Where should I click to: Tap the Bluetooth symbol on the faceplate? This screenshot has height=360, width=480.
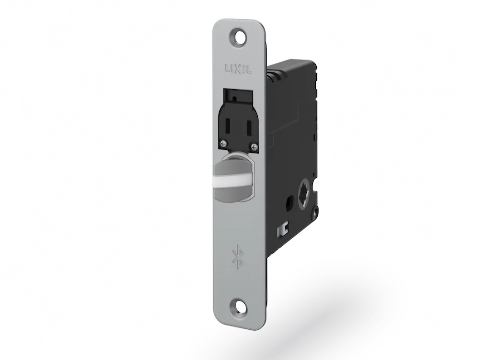pyautogui.click(x=237, y=256)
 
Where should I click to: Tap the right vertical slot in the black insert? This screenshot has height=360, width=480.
pyautogui.click(x=249, y=129)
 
